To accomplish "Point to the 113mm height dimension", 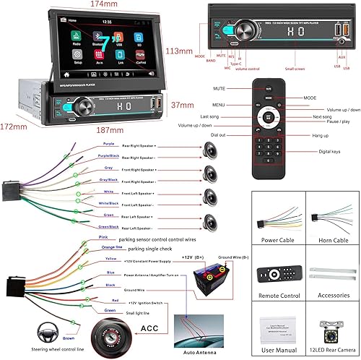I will [x=180, y=51].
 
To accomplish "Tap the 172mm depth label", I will [x=13, y=127].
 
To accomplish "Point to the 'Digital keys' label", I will [x=329, y=153].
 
